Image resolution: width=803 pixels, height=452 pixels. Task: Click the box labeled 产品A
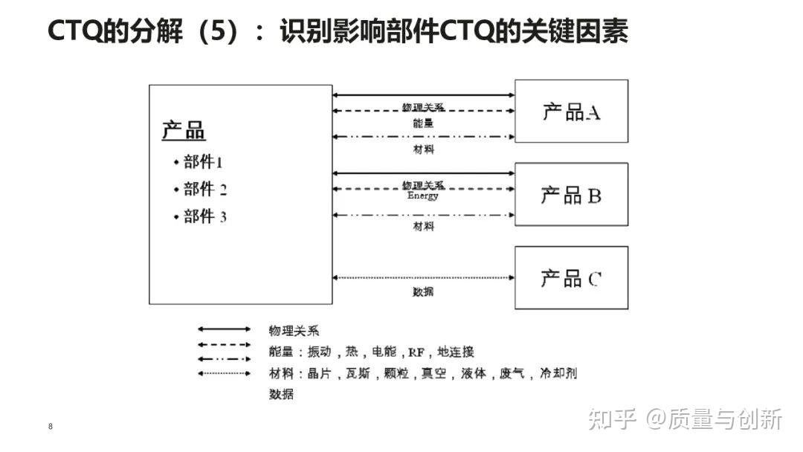click(571, 112)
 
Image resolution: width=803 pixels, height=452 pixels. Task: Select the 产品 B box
click(571, 195)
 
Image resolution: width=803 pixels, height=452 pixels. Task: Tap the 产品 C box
click(571, 278)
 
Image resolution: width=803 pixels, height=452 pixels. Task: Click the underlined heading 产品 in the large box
click(184, 130)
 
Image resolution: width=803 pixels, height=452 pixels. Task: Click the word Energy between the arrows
click(423, 196)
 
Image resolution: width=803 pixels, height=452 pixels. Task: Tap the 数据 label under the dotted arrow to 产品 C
click(423, 291)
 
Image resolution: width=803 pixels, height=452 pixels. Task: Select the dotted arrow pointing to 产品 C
click(423, 277)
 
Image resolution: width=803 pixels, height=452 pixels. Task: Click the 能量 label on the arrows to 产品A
click(423, 123)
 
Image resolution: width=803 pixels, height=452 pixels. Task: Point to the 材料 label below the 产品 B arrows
click(423, 226)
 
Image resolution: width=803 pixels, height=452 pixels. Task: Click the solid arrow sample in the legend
click(224, 329)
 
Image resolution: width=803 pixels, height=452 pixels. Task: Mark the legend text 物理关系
click(294, 331)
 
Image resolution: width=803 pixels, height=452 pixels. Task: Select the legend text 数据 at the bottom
click(281, 394)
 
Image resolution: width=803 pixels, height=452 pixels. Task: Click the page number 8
click(50, 427)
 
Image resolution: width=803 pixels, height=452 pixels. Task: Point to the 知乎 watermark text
click(612, 420)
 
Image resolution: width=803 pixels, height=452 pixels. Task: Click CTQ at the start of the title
click(74, 32)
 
